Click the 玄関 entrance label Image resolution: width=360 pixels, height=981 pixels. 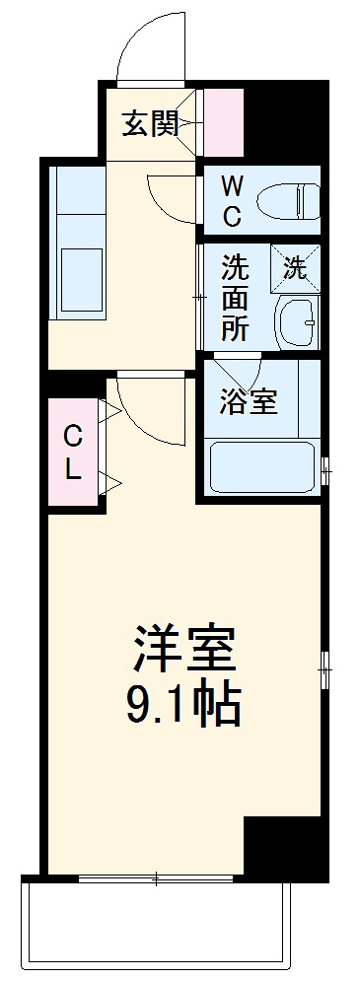tap(151, 124)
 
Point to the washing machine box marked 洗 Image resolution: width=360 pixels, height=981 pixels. tap(295, 264)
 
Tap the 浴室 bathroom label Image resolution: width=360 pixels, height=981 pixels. tap(248, 402)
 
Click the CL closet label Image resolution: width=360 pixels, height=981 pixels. tap(73, 452)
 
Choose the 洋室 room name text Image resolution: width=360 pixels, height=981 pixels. tap(184, 648)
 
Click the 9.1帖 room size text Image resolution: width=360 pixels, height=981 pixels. tap(184, 703)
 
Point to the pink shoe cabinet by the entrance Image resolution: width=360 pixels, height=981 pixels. tap(224, 123)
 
